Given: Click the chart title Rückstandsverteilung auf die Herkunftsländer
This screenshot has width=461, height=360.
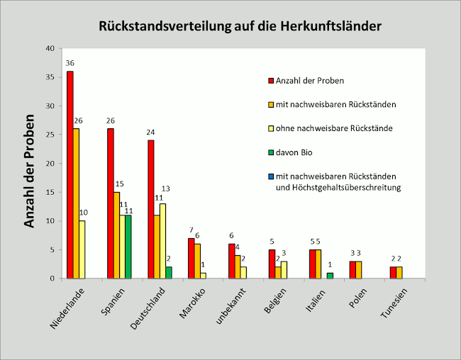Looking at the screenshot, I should [x=240, y=26].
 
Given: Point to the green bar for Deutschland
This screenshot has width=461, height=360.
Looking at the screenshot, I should [x=168, y=272].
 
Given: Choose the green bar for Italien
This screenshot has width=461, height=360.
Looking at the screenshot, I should [x=329, y=275].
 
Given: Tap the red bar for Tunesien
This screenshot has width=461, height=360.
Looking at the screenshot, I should [x=393, y=272].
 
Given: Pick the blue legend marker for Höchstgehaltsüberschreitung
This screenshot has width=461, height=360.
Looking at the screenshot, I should [x=270, y=176].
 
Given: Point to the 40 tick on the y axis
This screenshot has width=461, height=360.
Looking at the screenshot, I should [x=49, y=48].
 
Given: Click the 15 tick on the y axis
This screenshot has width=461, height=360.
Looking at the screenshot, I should [x=49, y=192].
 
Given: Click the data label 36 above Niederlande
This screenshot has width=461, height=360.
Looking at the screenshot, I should [x=70, y=63].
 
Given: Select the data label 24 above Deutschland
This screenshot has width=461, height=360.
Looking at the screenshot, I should [x=150, y=132].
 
